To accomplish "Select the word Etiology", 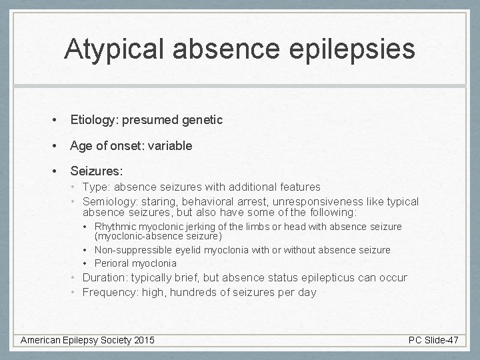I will pos(93,120).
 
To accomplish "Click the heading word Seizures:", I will pos(97,171).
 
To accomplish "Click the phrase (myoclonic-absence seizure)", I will pos(158,236).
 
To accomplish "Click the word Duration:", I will pos(105,277).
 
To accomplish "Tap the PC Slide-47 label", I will pos(433,340).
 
